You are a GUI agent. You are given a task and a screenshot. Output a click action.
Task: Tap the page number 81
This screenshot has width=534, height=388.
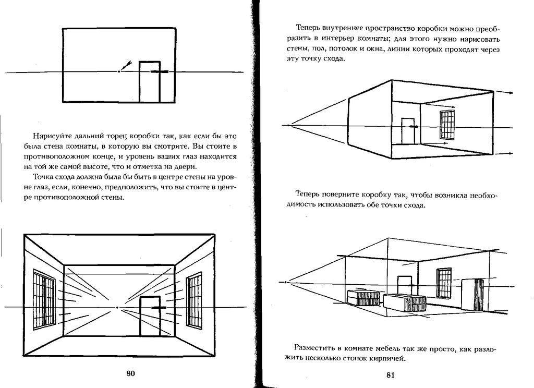coord(391,374)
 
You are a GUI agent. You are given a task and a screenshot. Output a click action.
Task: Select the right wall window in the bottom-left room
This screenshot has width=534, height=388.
coord(195,301)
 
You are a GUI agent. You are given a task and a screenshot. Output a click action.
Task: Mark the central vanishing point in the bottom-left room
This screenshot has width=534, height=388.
coord(117,308)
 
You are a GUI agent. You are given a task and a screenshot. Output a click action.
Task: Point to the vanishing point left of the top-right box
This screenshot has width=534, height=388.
coord(287,125)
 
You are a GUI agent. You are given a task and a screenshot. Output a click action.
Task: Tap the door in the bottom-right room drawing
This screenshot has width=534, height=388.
coord(404,285)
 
